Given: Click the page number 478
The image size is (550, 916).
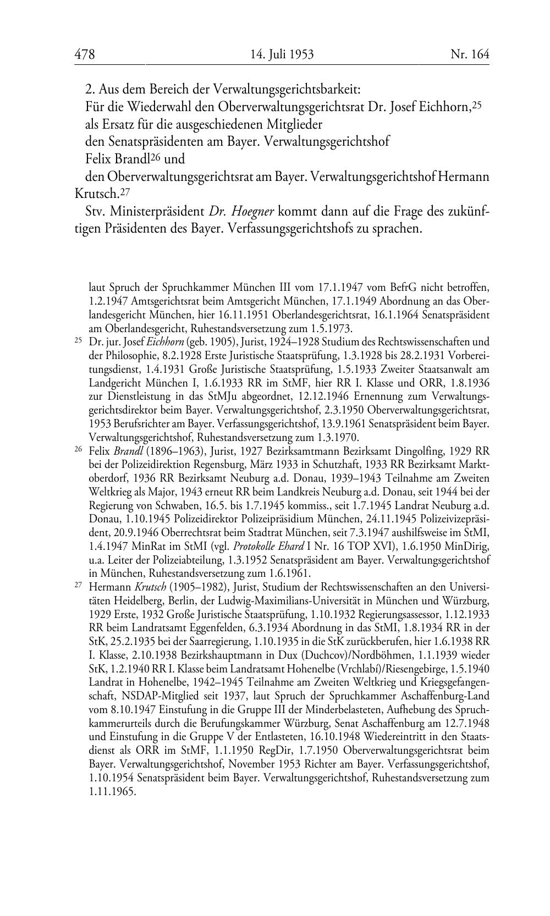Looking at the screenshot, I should click(x=85, y=54).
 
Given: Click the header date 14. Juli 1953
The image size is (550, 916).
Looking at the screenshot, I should click(x=282, y=54).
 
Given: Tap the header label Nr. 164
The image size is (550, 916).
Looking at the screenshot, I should click(x=469, y=54).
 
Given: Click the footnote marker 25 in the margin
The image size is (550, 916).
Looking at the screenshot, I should click(x=78, y=340).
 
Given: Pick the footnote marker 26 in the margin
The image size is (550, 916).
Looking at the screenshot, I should click(x=78, y=449).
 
